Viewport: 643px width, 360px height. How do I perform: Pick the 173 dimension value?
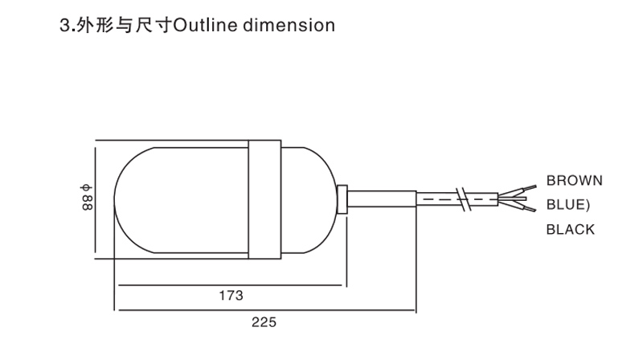click(231, 295)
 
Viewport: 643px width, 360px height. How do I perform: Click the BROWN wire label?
click(574, 180)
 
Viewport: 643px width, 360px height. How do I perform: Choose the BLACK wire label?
click(571, 230)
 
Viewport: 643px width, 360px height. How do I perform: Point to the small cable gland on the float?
click(343, 199)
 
